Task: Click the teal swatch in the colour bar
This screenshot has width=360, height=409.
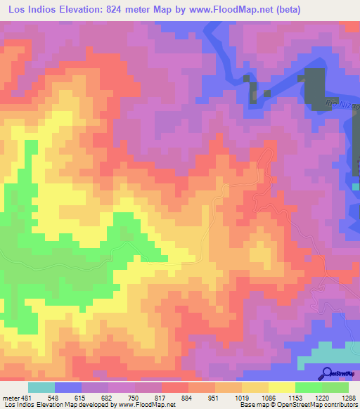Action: (x=41, y=387)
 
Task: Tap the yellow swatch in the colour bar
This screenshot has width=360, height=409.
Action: (x=282, y=387)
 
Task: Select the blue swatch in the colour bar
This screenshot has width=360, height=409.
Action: (x=68, y=387)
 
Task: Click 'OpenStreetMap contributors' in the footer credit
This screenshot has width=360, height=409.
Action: (x=320, y=405)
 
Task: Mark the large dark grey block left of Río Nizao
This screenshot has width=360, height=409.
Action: (x=314, y=86)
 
